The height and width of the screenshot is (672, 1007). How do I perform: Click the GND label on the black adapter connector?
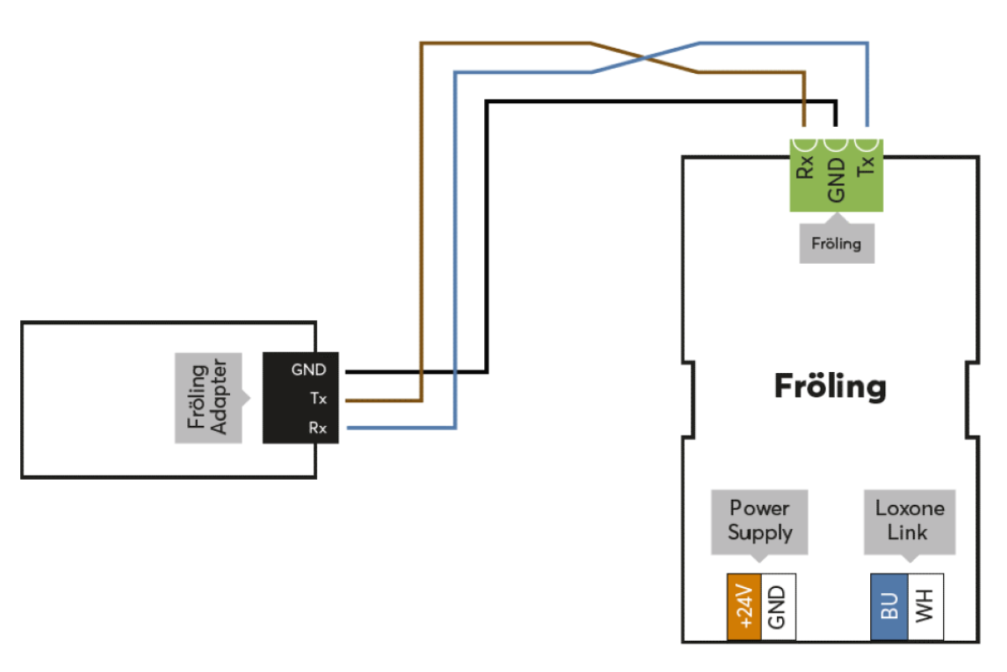309,370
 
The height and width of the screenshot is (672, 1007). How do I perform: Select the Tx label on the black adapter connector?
318,398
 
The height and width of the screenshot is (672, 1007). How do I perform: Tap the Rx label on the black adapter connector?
318,428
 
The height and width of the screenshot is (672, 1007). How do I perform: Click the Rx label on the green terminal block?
805,167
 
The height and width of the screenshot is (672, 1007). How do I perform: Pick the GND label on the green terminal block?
836,180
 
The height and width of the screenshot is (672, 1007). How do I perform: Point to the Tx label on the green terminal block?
866,166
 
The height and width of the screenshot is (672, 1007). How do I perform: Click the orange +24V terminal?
744,606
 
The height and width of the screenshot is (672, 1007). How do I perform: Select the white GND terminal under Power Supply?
778,606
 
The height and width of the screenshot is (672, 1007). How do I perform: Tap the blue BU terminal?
890,606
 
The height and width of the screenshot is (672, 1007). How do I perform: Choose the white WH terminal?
926,606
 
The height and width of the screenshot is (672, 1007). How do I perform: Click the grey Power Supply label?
759,521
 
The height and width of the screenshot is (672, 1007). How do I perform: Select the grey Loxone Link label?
910,521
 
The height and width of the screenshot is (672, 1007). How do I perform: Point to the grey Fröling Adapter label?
209,398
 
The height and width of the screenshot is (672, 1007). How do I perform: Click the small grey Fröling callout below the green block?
837,244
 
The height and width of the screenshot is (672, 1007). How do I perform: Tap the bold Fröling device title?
830,386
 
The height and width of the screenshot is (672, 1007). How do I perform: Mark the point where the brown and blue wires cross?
644,58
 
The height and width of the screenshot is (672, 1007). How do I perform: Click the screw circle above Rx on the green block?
805,144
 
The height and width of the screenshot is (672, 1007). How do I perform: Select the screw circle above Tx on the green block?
866,144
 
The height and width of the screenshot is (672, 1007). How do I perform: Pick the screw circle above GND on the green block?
836,144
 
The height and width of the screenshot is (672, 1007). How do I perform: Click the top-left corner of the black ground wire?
487,102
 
